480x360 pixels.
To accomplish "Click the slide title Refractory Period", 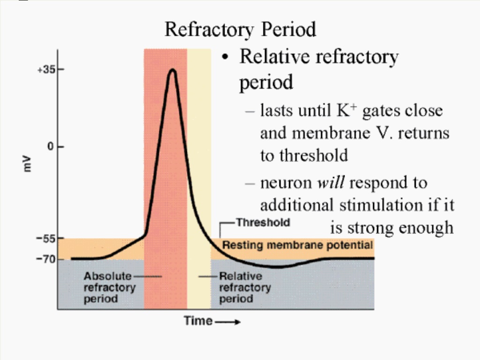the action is (240, 30).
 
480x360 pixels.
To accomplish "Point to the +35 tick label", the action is (46, 70).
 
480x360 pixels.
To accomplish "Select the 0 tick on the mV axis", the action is (51, 147).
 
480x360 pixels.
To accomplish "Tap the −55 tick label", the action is (46, 238).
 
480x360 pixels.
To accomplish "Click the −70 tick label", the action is (46, 259).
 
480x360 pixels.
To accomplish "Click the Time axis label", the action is (198, 321).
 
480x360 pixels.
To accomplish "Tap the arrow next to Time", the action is (227, 322).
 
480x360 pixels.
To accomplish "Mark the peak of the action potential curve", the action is (173, 70).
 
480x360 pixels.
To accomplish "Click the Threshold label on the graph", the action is (263, 222).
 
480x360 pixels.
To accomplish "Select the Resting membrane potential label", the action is (297, 245).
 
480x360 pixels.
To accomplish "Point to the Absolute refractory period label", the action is (110, 287).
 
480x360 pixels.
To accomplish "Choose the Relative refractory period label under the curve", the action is (245, 287).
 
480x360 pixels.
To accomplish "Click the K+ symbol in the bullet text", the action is (346, 110).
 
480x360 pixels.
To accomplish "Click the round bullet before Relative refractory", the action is (225, 57).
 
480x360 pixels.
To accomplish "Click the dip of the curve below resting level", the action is (278, 267).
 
